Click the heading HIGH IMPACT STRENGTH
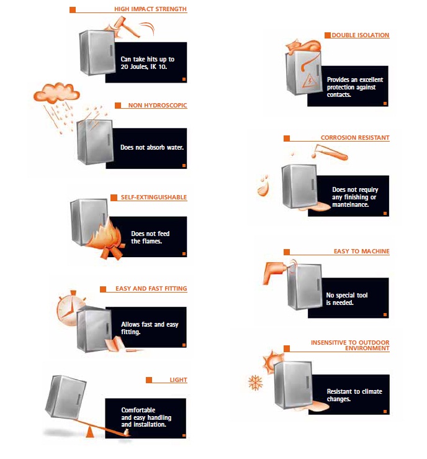click(150, 9)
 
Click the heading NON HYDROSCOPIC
click(157, 106)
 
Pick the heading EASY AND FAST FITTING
click(151, 289)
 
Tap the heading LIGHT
click(178, 379)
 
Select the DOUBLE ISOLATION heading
click(360, 35)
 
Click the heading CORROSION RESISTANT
click(355, 138)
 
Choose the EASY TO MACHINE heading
click(361, 252)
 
